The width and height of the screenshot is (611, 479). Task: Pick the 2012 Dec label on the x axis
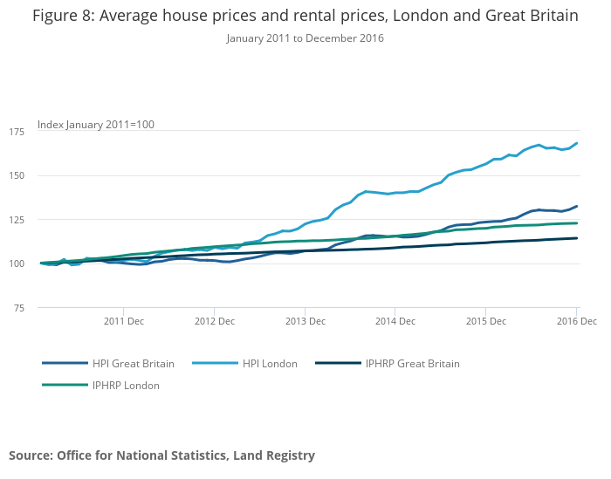(214, 321)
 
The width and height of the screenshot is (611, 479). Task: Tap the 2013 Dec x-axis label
(305, 321)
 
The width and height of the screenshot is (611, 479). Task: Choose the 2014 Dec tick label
(395, 321)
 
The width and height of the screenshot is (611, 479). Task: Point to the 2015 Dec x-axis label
(485, 321)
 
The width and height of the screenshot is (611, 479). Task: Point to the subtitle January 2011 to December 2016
(305, 38)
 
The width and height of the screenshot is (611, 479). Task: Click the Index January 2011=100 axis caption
(95, 125)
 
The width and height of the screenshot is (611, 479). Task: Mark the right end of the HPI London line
(577, 143)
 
